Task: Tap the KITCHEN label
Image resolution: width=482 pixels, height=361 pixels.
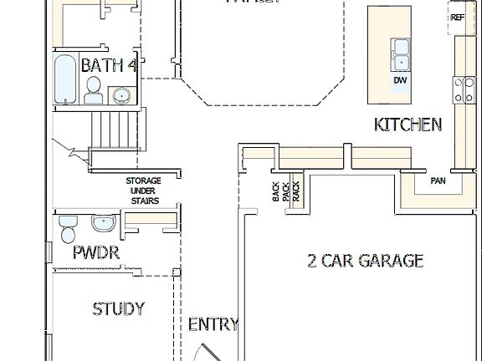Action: (408, 125)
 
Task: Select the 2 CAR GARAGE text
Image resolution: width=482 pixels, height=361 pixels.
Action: (365, 261)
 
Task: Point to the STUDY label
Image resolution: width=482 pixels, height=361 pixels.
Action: (118, 309)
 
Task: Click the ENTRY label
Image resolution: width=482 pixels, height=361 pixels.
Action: (213, 324)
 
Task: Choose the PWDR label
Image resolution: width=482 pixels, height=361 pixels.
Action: (96, 252)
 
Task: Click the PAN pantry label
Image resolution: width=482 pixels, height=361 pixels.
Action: (438, 180)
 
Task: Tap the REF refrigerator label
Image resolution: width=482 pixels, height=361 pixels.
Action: (458, 18)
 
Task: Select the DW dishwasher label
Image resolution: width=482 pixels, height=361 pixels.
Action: (400, 80)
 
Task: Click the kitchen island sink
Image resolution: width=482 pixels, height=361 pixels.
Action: (401, 53)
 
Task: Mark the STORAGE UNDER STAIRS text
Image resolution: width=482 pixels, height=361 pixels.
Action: (143, 191)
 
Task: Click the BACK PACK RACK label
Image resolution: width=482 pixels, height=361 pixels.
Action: (285, 193)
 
